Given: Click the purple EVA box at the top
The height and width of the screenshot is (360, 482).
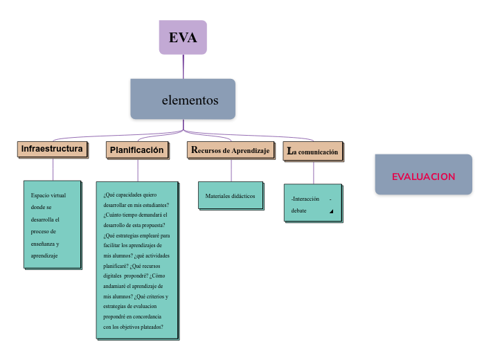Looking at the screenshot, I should click(183, 37).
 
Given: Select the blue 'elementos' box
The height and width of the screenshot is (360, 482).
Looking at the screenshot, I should click(183, 100).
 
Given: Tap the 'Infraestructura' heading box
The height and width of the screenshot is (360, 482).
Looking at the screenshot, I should click(53, 149).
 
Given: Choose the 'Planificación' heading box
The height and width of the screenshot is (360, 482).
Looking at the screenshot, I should click(137, 150).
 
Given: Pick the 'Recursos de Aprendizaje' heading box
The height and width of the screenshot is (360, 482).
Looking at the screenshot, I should click(231, 150).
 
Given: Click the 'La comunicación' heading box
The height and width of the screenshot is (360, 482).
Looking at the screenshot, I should click(313, 151).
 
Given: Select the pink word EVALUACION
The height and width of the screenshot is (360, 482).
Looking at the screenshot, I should click(423, 177).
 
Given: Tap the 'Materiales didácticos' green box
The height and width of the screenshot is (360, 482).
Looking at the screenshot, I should click(230, 196).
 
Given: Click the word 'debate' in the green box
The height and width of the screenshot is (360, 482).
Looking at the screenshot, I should click(299, 210).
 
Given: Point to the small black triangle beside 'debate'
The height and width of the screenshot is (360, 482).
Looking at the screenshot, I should click(331, 211).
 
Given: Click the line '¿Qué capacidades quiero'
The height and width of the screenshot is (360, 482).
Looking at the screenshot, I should click(130, 195).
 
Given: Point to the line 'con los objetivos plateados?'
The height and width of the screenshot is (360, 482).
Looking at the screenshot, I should click(133, 327).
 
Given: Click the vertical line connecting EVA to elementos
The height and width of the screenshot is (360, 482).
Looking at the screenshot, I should click(184, 66).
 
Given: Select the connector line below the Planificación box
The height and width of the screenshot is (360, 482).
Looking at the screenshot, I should click(138, 170).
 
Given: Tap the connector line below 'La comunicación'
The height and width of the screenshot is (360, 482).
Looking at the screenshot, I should click(314, 172).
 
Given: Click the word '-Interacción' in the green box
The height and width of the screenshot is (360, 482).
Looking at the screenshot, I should click(305, 199).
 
